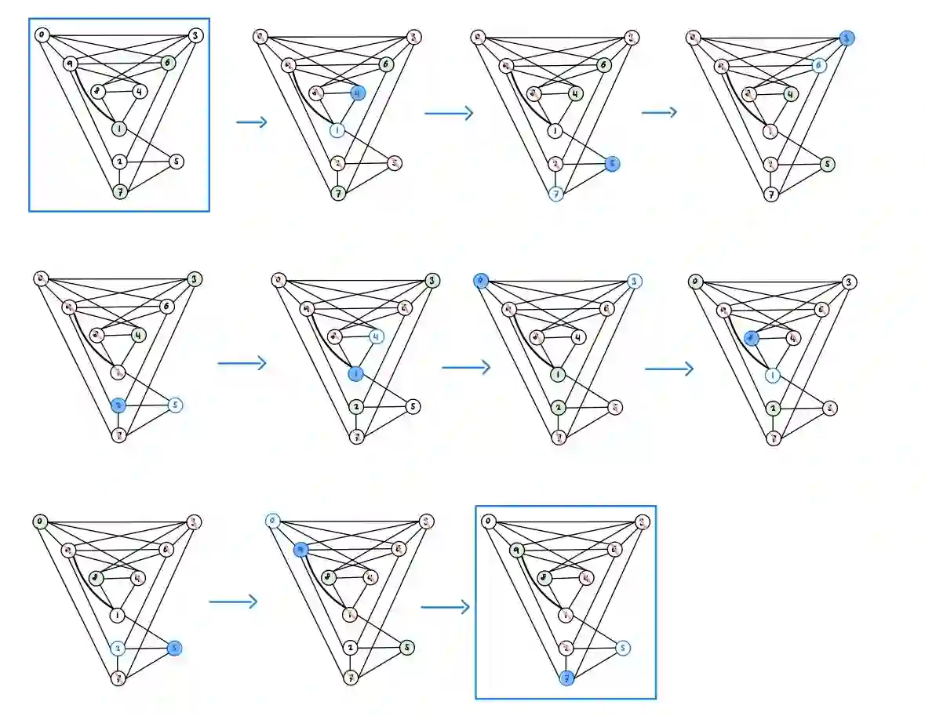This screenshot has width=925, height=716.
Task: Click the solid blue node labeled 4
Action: click(x=358, y=93)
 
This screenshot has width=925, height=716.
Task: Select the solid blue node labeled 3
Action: click(x=846, y=38)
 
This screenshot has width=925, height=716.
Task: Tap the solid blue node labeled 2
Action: click(x=118, y=405)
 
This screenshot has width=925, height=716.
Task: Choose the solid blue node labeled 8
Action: click(x=751, y=338)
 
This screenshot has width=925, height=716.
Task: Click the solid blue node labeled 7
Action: click(x=565, y=678)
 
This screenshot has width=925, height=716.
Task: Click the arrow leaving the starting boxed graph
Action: click(x=252, y=122)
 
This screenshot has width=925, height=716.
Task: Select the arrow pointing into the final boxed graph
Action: click(x=445, y=607)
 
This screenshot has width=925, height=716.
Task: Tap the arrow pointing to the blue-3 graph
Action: click(x=659, y=112)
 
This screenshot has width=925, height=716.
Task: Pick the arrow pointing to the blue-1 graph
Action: click(x=242, y=363)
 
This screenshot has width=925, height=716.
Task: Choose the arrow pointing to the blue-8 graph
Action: click(x=669, y=368)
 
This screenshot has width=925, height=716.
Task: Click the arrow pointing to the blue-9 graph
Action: click(x=233, y=602)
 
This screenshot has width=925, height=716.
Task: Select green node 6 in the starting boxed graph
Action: click(x=166, y=62)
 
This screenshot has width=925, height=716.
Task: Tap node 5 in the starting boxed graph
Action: click(x=177, y=162)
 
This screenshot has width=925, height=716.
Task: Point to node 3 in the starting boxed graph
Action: click(x=195, y=35)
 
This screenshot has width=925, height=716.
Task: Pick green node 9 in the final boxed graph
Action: click(x=516, y=550)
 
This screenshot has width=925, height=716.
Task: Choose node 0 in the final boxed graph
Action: click(x=488, y=521)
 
